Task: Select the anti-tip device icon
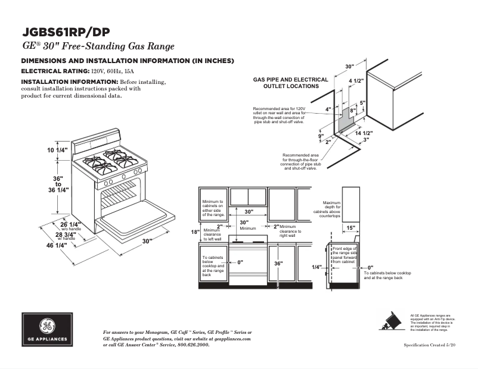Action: [x=392, y=322]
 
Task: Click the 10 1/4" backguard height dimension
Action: [x=59, y=150]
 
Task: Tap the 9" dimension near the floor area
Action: [x=321, y=136]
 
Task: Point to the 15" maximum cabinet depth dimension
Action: [x=351, y=227]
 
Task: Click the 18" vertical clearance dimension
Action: [x=194, y=232]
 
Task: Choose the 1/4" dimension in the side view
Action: [x=316, y=267]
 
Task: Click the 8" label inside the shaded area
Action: [x=352, y=111]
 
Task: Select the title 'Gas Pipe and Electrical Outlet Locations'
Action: [x=290, y=83]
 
